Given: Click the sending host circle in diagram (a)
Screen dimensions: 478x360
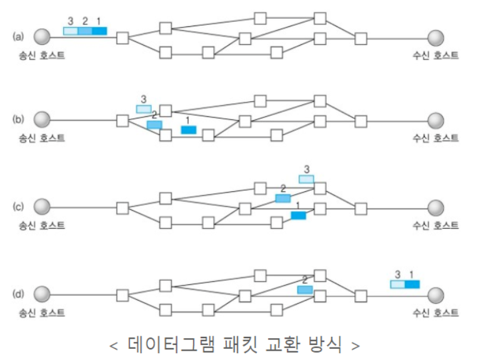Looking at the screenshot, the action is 42,37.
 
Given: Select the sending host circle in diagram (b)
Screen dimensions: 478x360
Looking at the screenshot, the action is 42,119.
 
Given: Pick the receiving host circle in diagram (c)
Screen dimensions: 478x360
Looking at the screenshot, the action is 436,207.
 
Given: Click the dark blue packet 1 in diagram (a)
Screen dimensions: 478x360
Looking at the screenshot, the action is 100,31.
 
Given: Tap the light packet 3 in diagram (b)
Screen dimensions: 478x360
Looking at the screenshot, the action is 144,109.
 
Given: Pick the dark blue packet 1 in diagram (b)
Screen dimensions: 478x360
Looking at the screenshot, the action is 188,129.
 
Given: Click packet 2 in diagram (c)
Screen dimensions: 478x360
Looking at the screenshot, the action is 283,198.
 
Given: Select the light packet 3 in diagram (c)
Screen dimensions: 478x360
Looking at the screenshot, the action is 306,179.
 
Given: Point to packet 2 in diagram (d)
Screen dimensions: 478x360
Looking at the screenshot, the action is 304,290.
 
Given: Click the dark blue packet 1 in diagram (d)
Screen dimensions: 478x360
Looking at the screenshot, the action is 412,284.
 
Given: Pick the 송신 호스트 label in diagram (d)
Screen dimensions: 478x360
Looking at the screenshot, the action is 42,311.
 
